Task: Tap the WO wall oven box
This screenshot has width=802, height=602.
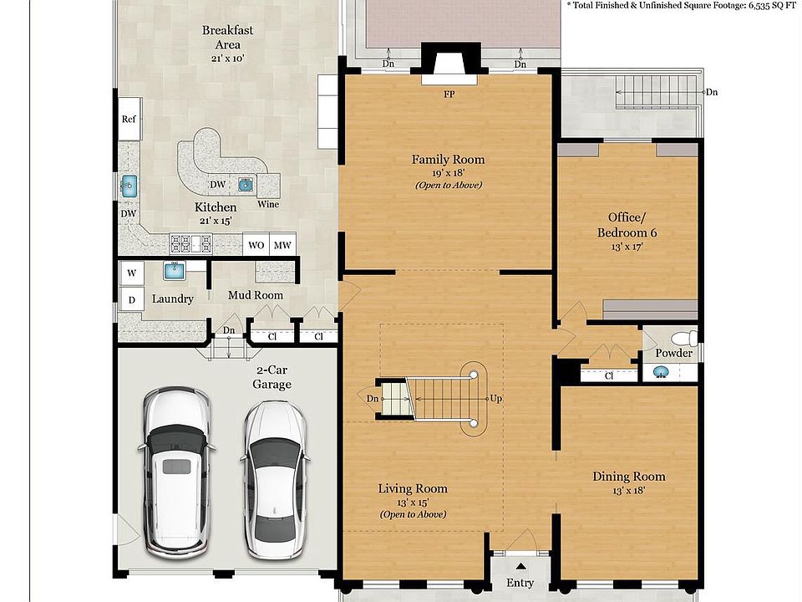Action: click(x=256, y=245)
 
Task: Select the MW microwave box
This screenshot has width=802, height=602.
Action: click(x=282, y=245)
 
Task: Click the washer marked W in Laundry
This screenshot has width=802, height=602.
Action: click(x=131, y=273)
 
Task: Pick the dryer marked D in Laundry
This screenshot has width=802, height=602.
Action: click(x=131, y=299)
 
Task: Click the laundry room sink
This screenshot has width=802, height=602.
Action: click(x=174, y=270)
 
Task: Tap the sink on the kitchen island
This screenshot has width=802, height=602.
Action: click(x=246, y=185)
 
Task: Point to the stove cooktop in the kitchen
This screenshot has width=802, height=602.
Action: click(x=190, y=243)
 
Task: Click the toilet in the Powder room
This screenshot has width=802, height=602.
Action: click(x=684, y=339)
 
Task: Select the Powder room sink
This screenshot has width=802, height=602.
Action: click(x=662, y=372)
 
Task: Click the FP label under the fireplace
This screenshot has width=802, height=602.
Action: click(x=449, y=94)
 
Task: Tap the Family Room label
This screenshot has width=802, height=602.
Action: click(x=448, y=159)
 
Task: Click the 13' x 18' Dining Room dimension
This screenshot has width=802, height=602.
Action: click(x=628, y=491)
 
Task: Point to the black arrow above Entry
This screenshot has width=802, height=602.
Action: click(x=520, y=566)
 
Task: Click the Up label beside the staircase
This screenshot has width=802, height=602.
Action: click(x=495, y=398)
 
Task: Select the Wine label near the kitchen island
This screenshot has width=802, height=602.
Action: click(x=268, y=204)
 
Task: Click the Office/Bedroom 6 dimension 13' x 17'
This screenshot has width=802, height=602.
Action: click(x=627, y=247)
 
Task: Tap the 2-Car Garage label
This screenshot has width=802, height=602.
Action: click(x=272, y=377)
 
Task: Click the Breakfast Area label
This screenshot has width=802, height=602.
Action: click(x=227, y=38)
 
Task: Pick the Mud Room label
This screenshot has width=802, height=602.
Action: click(x=256, y=295)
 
